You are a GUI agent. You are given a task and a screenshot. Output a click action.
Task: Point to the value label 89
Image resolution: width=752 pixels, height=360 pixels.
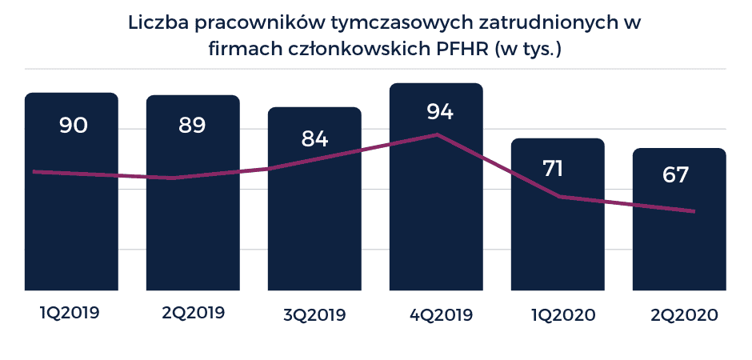192,126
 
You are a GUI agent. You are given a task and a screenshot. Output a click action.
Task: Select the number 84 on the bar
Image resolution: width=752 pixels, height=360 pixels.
314,138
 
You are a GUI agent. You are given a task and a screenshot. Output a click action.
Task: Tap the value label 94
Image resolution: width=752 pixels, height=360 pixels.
439,111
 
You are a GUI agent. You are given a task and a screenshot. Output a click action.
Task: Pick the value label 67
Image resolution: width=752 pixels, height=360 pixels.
675,175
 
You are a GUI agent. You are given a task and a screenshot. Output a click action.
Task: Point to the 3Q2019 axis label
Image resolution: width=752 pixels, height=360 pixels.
315,314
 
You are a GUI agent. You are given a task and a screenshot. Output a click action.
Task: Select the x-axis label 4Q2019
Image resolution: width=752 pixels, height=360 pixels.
438,314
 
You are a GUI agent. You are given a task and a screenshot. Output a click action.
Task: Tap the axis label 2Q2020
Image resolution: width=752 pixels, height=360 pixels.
681,314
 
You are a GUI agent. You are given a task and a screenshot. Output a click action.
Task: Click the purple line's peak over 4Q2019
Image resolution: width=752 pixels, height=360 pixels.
437,134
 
